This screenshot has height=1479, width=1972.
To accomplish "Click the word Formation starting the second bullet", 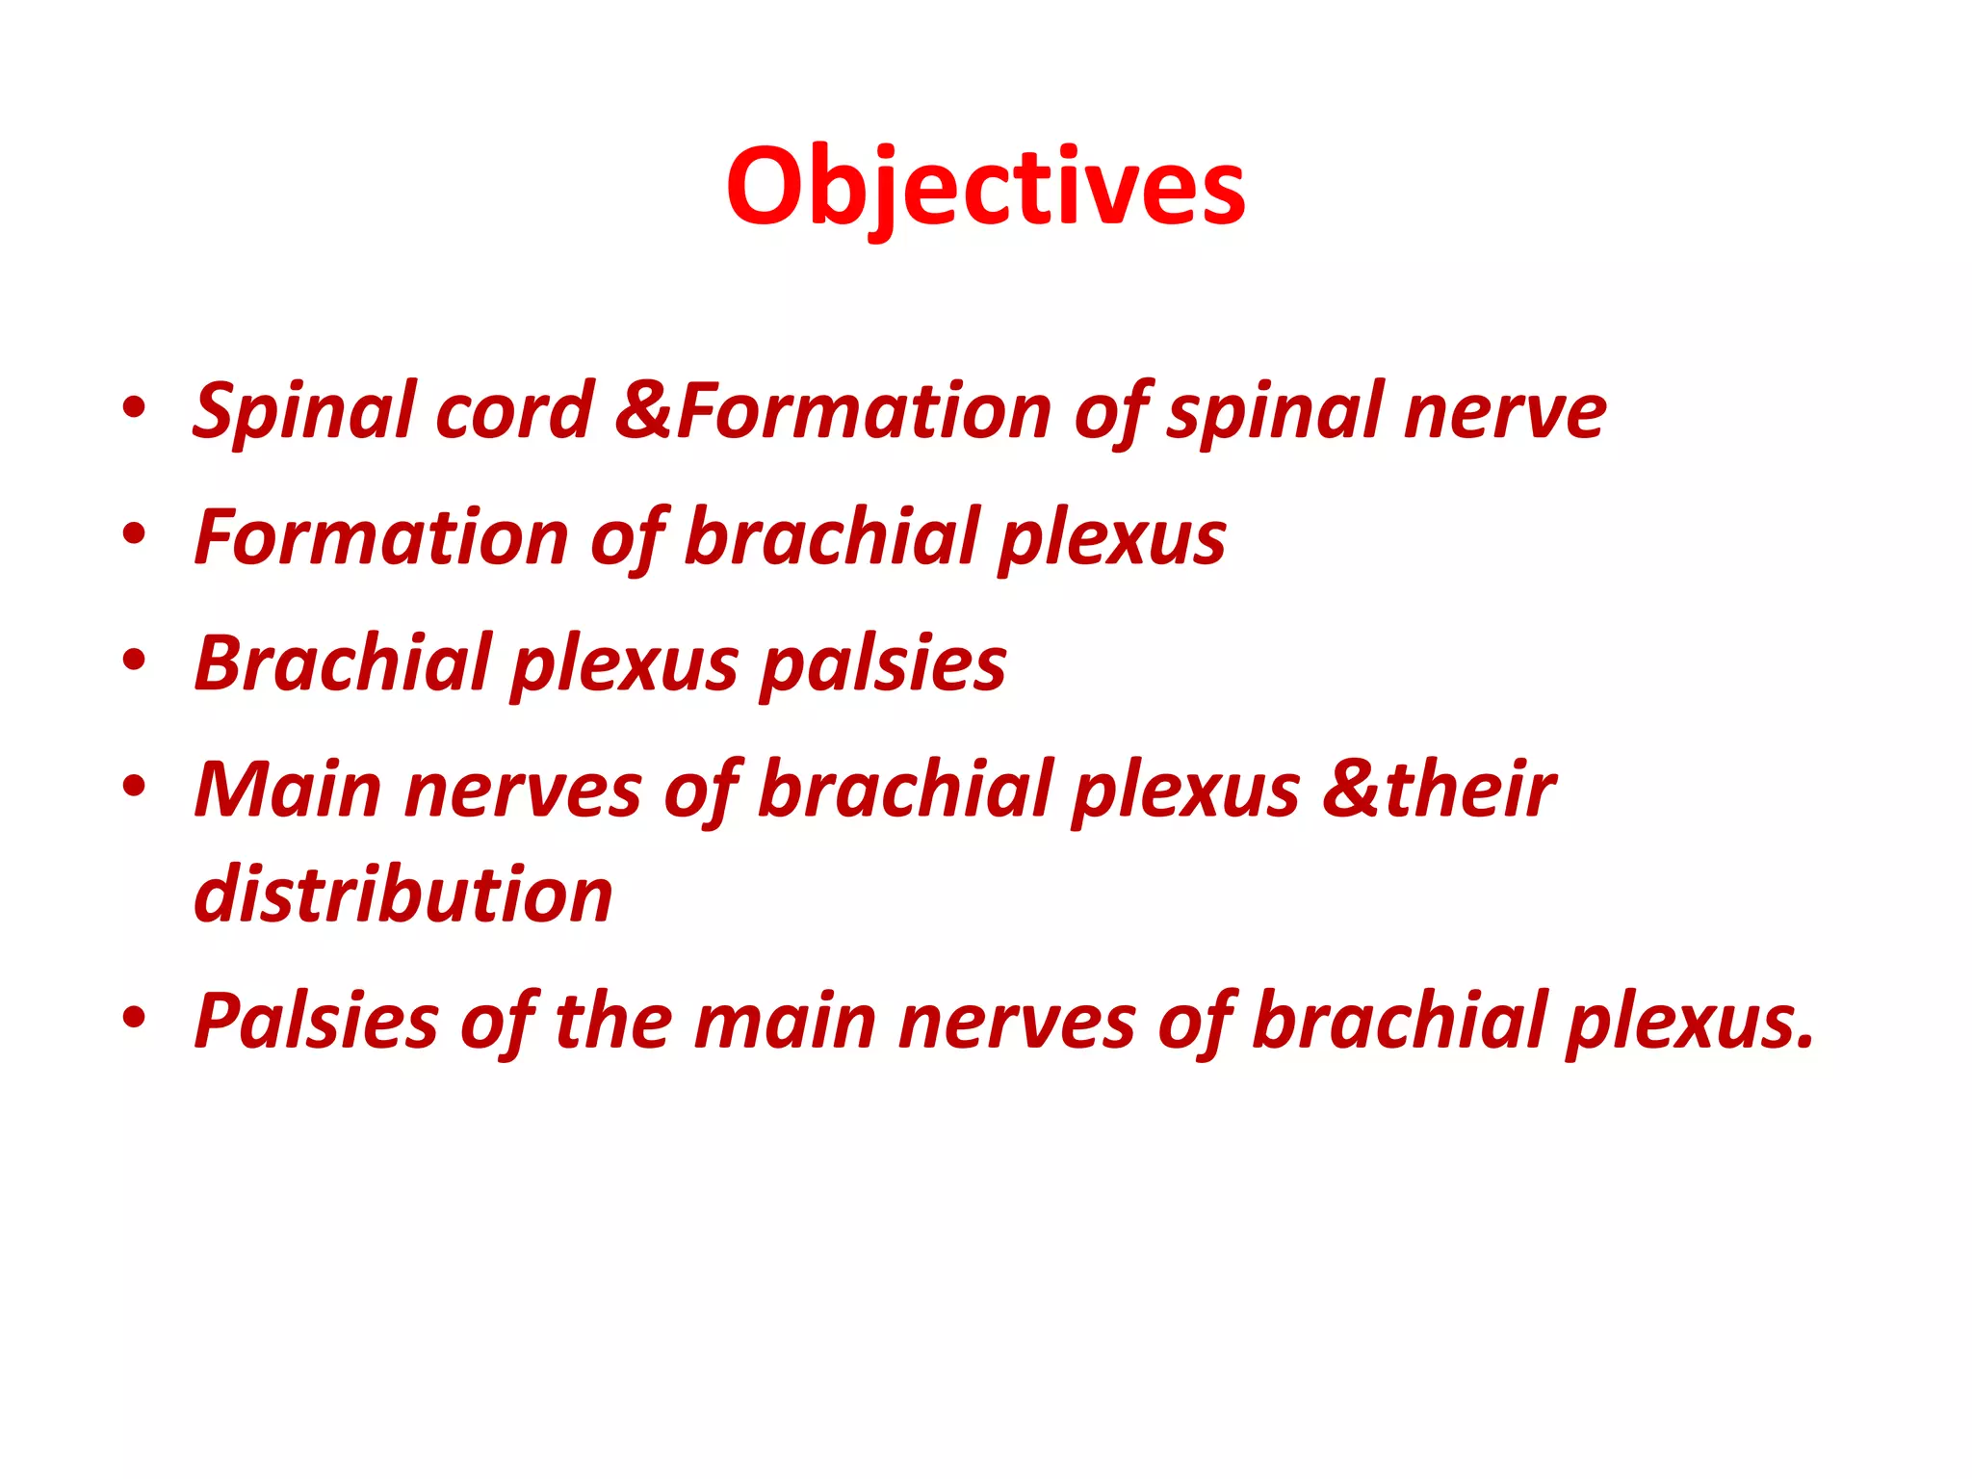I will (381, 537).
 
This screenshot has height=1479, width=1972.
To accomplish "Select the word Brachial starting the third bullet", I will (343, 663).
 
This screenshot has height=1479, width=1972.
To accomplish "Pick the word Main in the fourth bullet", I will (288, 791).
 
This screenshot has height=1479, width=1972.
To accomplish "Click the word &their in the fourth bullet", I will (1439, 790).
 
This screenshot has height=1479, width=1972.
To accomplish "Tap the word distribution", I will (403, 895).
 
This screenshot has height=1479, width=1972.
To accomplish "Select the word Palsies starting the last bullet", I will (316, 1022).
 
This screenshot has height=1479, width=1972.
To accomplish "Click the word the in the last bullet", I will (613, 1021).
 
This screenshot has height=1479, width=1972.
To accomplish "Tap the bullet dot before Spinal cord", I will (134, 408).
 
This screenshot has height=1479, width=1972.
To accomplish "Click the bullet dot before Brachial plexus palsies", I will (134, 661).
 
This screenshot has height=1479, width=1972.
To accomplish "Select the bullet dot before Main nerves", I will (134, 787).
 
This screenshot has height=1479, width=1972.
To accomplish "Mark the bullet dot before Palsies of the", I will (134, 1018).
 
